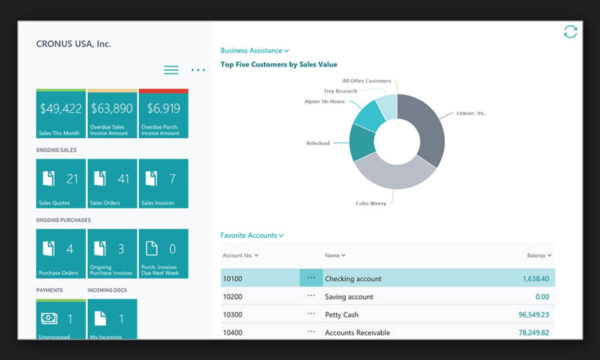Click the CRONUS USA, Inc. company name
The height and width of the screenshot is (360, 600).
click(75, 44)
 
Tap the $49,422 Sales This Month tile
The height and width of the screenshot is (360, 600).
click(60, 112)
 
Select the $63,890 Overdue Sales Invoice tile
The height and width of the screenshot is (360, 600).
click(112, 112)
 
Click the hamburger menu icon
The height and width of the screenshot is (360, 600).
click(171, 70)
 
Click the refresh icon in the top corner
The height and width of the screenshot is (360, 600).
click(570, 32)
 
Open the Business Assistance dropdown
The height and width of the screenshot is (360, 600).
click(254, 49)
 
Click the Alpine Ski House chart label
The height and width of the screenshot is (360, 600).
click(324, 102)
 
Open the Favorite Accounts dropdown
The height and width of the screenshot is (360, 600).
click(251, 235)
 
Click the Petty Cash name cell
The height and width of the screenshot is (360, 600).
click(343, 314)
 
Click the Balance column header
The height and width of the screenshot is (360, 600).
click(536, 256)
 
